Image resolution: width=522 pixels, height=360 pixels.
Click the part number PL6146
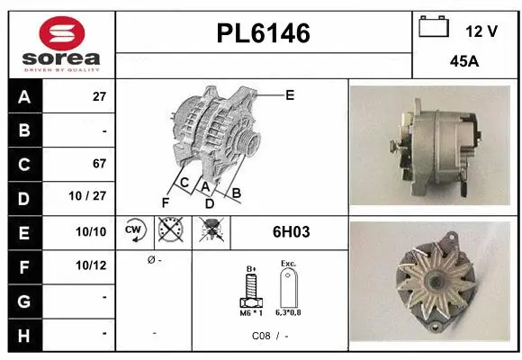click(263, 34)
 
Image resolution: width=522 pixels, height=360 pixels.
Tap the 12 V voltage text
click(481, 31)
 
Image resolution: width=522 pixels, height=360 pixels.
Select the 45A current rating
click(464, 63)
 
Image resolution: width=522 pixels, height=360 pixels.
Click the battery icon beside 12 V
click(433, 27)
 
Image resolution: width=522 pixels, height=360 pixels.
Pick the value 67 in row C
click(99, 164)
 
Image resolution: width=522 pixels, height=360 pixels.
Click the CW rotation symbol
click(134, 232)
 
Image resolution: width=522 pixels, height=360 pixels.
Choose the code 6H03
click(290, 232)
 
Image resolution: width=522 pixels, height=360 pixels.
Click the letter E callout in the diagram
click(290, 94)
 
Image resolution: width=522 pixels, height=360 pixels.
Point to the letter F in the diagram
click(165, 202)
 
